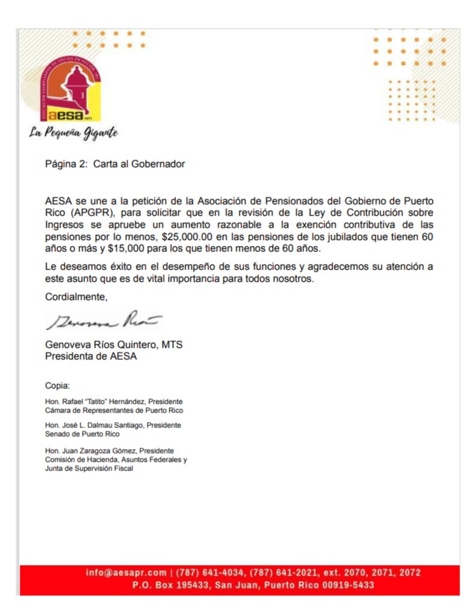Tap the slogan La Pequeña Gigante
(x=73, y=132)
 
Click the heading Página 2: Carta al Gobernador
(x=115, y=164)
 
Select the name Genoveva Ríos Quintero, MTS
(x=114, y=345)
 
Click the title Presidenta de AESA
(x=91, y=356)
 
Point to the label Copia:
(x=58, y=385)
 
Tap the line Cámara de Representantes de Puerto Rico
(x=114, y=410)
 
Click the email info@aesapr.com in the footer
(x=126, y=573)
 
